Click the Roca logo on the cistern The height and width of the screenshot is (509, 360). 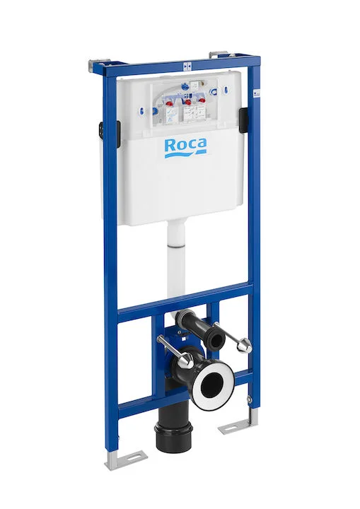tap(185, 146)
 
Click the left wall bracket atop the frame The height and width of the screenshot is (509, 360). tap(94, 65)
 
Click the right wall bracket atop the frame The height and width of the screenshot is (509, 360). tap(219, 54)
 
